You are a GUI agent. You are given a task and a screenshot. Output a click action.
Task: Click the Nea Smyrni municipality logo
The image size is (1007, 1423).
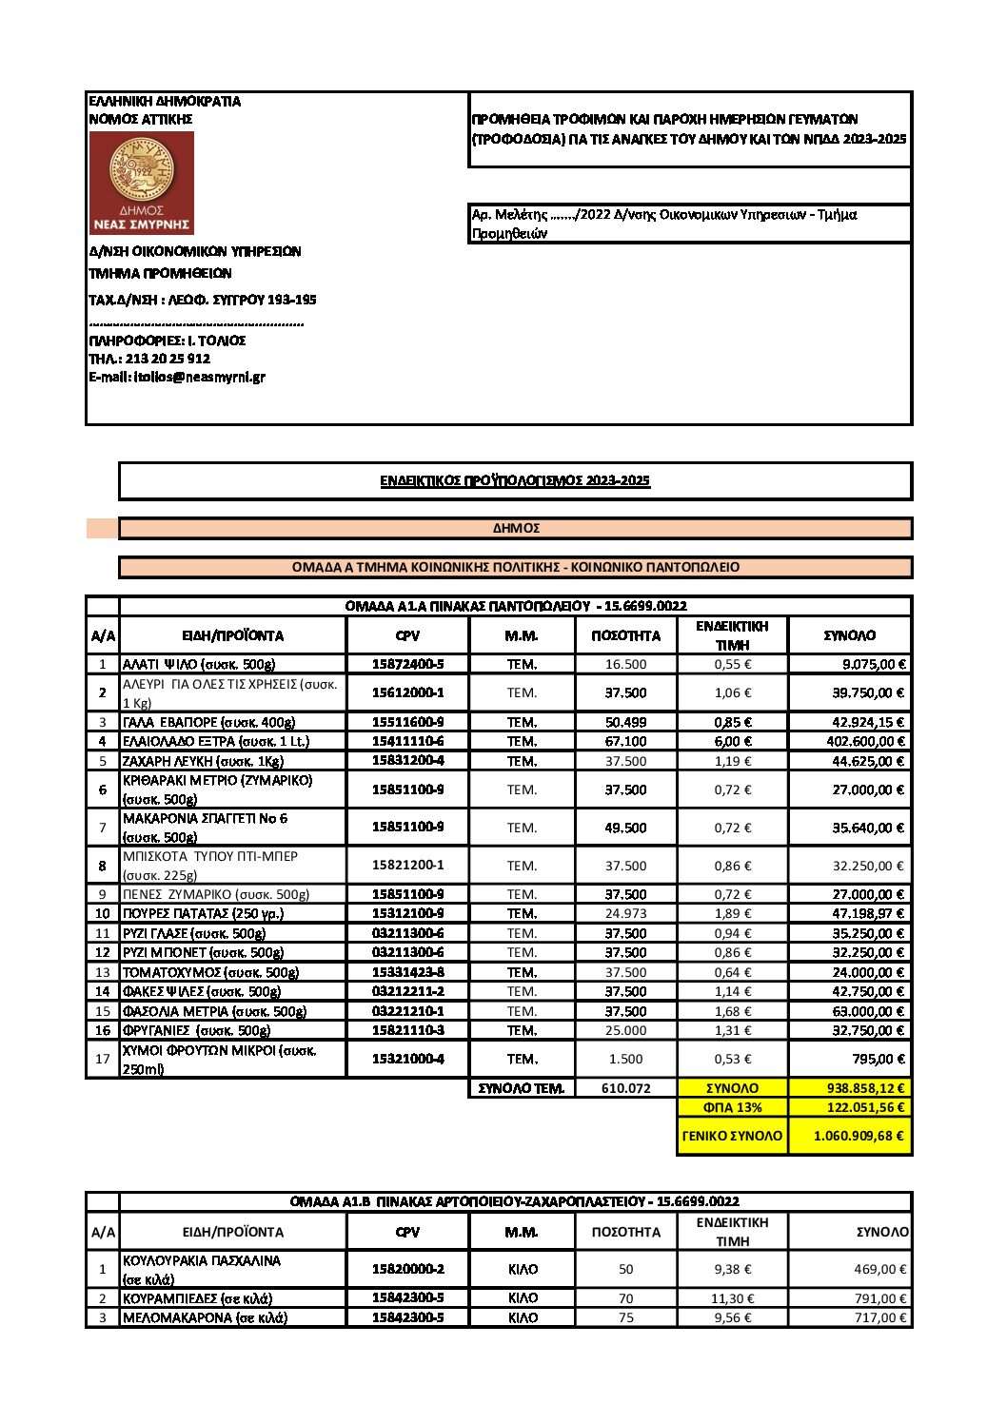click(x=142, y=183)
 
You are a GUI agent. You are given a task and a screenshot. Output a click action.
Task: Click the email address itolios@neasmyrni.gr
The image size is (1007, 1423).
click(x=177, y=377)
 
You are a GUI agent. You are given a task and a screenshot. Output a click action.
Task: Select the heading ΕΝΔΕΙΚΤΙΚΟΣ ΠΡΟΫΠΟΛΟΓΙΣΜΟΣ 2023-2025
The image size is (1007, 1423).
click(x=515, y=480)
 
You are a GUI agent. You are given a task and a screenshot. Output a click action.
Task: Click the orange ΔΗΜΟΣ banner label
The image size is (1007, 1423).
click(x=516, y=528)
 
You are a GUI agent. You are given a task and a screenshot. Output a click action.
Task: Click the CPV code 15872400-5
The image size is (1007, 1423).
click(x=407, y=664)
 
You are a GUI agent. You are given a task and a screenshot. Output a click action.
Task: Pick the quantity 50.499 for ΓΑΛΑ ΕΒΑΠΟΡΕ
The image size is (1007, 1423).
click(x=625, y=722)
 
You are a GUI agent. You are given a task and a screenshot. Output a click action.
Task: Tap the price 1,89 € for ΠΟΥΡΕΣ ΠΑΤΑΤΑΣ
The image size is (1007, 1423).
click(x=732, y=913)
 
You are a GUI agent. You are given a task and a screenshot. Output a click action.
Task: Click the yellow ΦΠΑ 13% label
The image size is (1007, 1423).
click(x=732, y=1107)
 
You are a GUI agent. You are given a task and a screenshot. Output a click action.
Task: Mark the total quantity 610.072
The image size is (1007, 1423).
click(x=625, y=1088)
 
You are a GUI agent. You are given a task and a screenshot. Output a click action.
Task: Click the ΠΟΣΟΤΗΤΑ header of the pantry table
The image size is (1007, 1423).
click(x=625, y=635)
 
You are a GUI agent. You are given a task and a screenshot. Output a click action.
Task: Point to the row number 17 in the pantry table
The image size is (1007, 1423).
click(x=103, y=1059)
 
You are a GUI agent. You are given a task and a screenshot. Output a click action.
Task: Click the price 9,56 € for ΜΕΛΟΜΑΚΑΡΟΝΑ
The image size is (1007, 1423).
click(x=732, y=1317)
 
